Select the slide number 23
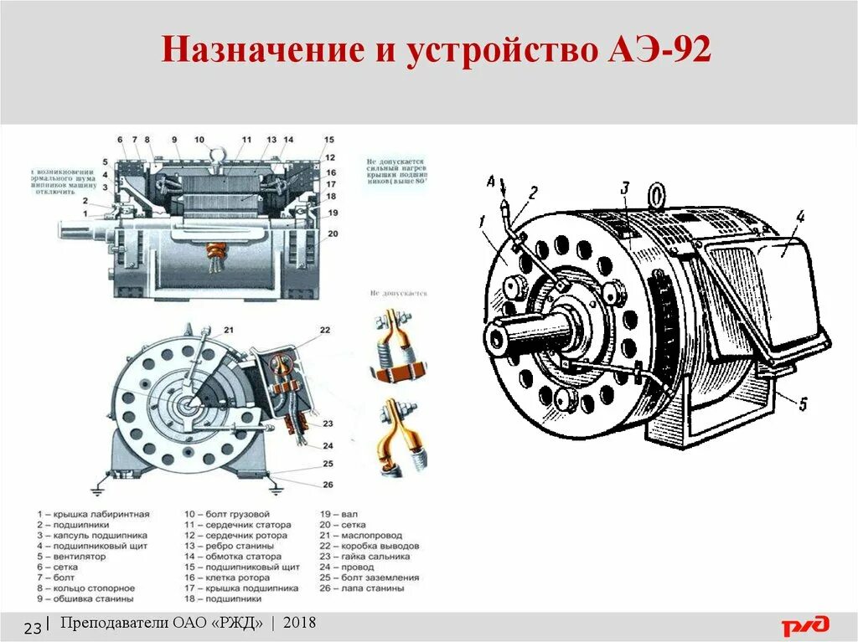click(x=34, y=628)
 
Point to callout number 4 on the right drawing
click(x=799, y=217)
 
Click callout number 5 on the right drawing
click(x=802, y=405)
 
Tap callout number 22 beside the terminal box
click(x=325, y=330)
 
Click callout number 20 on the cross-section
click(x=333, y=234)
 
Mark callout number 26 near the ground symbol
click(x=327, y=484)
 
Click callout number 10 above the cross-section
click(x=199, y=140)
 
